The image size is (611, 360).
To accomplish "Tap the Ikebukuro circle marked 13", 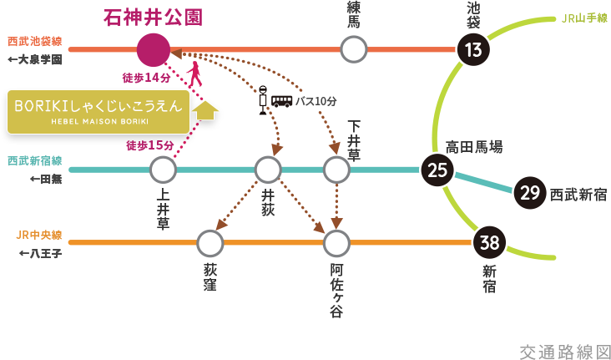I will point(473,50).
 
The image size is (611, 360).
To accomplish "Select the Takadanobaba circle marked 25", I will point(437,170).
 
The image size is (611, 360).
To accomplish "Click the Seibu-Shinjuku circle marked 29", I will point(529,193).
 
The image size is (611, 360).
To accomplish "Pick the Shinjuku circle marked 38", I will point(489,243).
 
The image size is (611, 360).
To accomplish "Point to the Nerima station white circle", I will point(354,50).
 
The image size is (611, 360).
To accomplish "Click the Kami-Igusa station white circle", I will point(163,170).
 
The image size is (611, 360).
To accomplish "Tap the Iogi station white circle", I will point(268,170).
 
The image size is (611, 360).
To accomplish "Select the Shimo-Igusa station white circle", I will point(336,170).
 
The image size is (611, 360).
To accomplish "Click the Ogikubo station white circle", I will point(210,243).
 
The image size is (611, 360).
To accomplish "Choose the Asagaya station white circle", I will point(336,243).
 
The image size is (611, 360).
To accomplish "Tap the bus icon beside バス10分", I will point(283,101).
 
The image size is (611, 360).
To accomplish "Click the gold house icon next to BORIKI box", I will point(205,111).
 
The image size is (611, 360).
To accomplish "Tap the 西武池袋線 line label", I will point(34,41).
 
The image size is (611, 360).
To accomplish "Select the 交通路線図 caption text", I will point(564,351).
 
